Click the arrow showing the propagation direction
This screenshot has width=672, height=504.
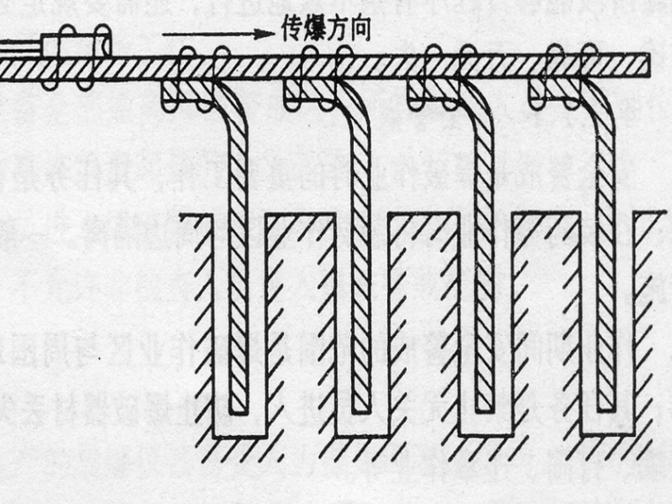click(x=216, y=33)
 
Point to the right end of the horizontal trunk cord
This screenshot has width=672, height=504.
click(x=645, y=65)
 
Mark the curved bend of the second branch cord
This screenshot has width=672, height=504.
click(x=355, y=106)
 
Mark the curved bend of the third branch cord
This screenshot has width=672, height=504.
click(x=477, y=106)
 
